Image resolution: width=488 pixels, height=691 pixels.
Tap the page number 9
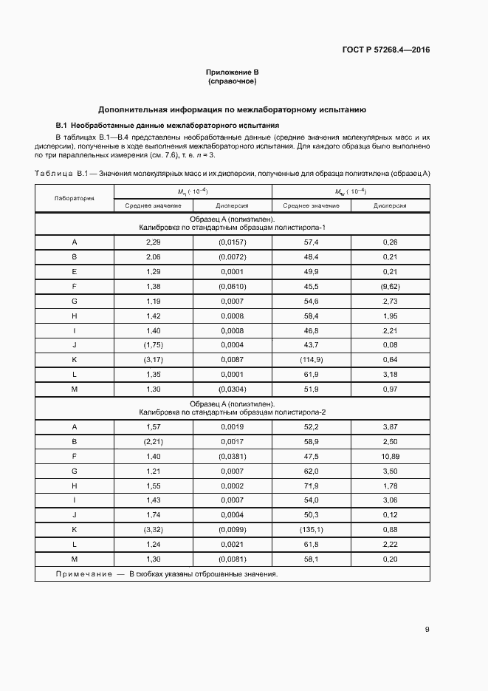[x=427, y=630]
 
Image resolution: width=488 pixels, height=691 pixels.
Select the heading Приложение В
[x=232, y=72]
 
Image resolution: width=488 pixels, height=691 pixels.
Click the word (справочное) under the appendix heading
[x=232, y=81]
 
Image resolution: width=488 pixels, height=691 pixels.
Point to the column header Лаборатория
[x=74, y=199]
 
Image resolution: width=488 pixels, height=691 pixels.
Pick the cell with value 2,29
[x=153, y=242]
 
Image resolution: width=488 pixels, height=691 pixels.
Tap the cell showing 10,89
[x=390, y=457]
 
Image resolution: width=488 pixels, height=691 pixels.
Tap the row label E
[x=74, y=270]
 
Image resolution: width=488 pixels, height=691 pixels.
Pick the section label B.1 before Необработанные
[x=62, y=126]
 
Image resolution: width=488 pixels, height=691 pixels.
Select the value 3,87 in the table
[x=390, y=427]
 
